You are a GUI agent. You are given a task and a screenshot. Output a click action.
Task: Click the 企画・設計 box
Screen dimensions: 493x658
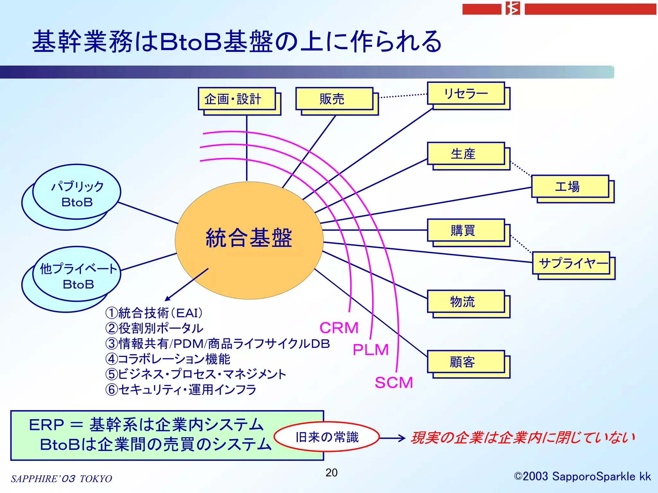coord(237,99)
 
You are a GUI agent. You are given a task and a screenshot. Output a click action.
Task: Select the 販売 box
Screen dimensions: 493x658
coord(334,99)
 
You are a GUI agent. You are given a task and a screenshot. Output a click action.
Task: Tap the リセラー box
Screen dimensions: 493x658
coord(466,93)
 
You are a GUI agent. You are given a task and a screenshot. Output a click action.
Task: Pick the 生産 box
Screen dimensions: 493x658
coord(466,154)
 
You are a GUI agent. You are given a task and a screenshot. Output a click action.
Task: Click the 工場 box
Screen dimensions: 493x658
coord(570,186)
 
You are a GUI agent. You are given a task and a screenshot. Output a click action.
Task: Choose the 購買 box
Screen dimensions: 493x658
coord(466,230)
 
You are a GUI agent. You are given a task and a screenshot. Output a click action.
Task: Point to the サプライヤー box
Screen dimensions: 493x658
coord(571,263)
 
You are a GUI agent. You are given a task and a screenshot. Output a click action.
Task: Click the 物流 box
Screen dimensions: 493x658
coord(466,302)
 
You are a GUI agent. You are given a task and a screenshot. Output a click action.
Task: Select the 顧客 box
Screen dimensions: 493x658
coord(466,362)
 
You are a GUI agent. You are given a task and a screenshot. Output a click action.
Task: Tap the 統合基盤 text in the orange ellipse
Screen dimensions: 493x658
coord(249,238)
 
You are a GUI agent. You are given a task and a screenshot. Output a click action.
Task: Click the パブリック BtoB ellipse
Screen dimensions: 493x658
coord(77,193)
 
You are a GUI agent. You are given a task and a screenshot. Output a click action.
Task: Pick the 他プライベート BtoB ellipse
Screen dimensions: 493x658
coord(77,275)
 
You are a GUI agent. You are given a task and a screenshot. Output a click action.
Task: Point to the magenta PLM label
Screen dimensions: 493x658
coord(371,350)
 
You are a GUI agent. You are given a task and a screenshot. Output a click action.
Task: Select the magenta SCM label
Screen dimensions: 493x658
coord(394,383)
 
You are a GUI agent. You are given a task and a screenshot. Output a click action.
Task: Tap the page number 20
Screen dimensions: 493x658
coord(331,472)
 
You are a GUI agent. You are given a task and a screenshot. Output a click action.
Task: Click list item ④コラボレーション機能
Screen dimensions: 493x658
coord(168,359)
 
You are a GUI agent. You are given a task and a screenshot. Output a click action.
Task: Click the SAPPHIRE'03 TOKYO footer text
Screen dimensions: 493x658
coord(61,479)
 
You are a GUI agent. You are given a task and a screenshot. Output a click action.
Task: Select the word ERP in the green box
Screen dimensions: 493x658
coord(47,425)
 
